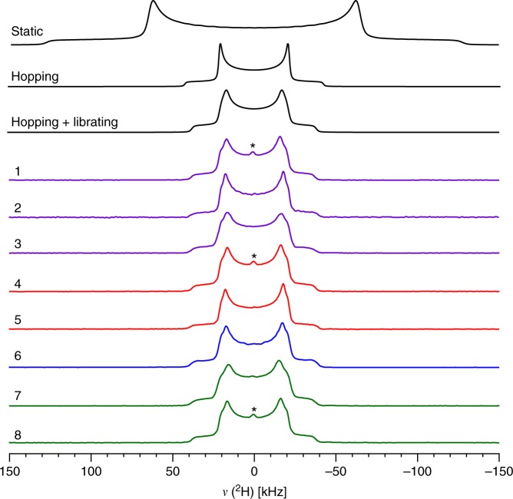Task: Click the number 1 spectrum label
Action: click(18, 171)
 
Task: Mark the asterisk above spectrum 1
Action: click(253, 146)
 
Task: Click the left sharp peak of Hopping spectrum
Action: click(220, 47)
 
